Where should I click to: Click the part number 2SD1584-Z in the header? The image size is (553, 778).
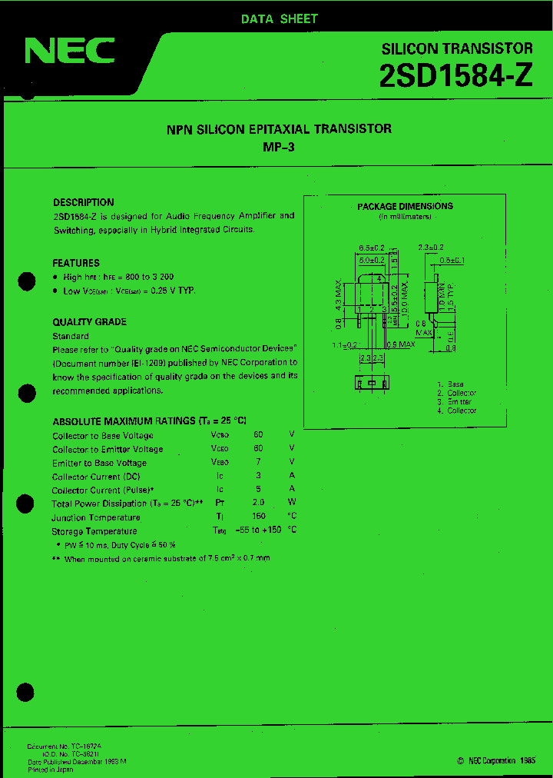click(455, 77)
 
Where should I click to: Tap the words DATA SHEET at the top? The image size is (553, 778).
click(279, 18)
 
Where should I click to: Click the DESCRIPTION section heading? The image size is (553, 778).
click(84, 202)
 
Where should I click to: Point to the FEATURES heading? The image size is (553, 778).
click(76, 263)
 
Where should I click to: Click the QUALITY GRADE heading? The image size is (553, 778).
click(90, 322)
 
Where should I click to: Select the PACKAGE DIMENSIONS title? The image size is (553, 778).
click(405, 206)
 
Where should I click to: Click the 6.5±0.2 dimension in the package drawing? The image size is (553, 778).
click(372, 248)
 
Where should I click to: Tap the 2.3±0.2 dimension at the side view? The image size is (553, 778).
click(432, 248)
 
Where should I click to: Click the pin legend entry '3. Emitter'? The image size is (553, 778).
click(455, 402)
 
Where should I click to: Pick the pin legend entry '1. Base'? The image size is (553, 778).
click(451, 384)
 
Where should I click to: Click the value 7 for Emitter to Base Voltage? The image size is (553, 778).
click(258, 463)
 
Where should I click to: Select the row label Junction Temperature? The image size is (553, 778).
click(96, 517)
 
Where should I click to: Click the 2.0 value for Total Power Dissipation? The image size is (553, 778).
click(258, 504)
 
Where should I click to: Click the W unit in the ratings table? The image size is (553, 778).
click(292, 504)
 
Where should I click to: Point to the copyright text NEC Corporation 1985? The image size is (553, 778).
click(496, 760)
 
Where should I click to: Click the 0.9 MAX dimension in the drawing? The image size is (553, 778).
click(401, 344)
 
